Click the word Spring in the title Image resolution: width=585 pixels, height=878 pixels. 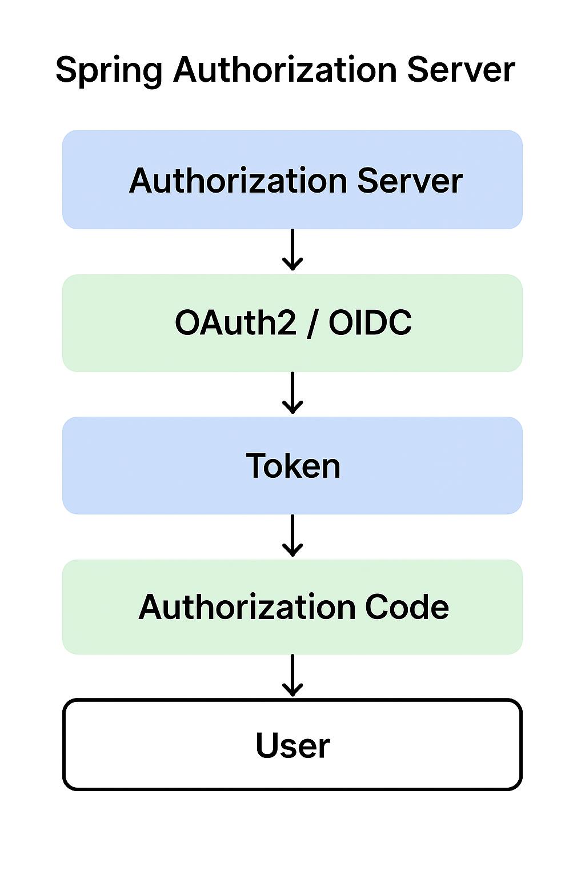109,70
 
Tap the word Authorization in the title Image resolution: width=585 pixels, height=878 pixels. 285,69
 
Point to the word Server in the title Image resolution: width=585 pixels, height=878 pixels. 461,70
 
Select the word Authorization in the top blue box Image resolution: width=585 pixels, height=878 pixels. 238,180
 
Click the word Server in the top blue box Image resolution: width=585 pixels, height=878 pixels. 410,181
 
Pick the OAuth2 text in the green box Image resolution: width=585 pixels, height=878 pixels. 235,322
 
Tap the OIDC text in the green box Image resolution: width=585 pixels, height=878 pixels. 370,322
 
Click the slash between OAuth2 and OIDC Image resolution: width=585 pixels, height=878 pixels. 311,324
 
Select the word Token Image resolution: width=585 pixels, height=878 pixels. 293,465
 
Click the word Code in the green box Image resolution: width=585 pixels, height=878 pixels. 407,607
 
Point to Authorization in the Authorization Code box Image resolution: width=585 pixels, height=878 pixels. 247,607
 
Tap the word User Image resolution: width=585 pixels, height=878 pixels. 292,745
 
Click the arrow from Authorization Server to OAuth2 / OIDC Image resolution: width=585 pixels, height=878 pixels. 292,250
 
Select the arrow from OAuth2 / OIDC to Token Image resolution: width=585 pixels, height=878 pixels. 292,393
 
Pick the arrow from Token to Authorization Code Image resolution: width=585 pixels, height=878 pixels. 292,536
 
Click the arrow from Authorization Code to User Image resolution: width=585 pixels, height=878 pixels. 292,675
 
